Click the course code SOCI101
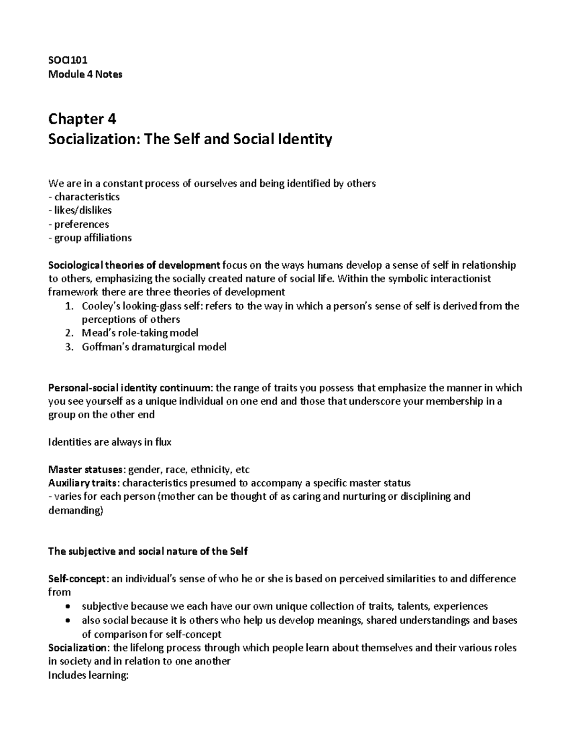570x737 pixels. [x=67, y=60]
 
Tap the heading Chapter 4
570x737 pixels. [x=82, y=118]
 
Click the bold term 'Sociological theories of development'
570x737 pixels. [x=134, y=265]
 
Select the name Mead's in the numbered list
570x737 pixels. [x=97, y=333]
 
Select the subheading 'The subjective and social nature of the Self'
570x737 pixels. [x=148, y=551]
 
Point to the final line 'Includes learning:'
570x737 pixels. [x=89, y=675]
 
